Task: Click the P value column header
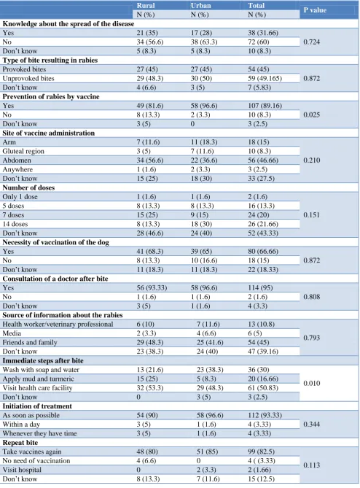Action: coord(315,10)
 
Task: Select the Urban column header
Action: coord(201,6)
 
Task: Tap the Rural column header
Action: coord(146,6)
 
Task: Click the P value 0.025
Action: coord(311,115)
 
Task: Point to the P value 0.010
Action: coord(311,383)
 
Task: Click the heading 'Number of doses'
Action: coord(28,187)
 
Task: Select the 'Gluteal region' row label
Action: coord(23,151)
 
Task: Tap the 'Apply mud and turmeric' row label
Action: coord(38,379)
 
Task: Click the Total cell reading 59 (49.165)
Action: coord(265,79)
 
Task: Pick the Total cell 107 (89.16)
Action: coord(265,106)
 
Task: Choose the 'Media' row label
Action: coord(12,333)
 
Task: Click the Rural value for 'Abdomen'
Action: coord(150,160)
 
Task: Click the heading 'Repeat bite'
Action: coord(20,443)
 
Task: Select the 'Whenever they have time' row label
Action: coord(39,433)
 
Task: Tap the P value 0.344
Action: coord(311,425)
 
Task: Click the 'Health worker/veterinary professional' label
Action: coord(58,325)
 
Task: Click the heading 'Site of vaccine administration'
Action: coord(49,133)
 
